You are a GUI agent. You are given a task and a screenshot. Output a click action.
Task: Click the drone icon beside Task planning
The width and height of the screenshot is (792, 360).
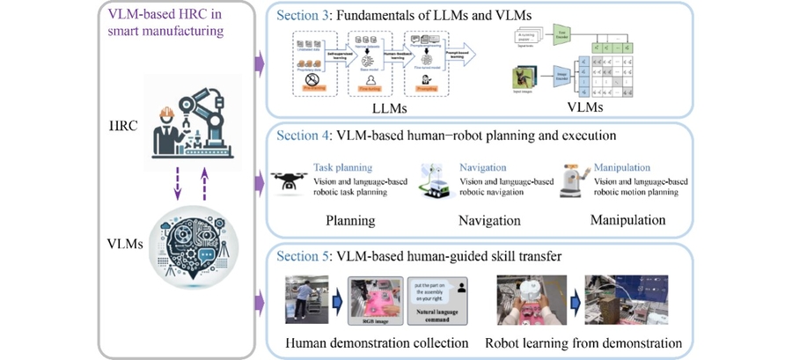290,182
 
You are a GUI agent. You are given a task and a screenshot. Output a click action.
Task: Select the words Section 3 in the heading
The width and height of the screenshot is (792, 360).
303,16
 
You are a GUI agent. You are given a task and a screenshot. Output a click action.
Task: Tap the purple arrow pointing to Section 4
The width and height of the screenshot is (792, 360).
258,184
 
